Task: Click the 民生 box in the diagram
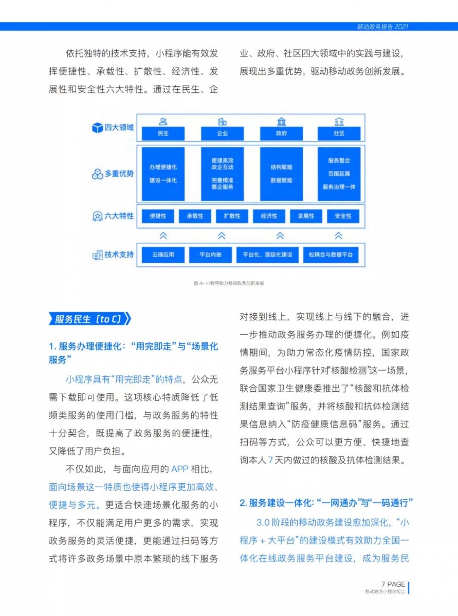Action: coord(163,133)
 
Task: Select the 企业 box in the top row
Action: coord(222,133)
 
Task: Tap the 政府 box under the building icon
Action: coord(281,133)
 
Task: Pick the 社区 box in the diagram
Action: coord(339,133)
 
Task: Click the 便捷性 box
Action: coord(158,216)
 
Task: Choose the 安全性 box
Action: coord(343,216)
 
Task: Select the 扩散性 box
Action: coord(232,216)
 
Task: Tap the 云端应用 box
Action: coord(163,255)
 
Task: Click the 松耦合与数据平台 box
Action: coord(331,255)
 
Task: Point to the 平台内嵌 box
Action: coord(210,255)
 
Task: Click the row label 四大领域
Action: coord(119,127)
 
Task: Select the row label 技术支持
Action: coord(119,255)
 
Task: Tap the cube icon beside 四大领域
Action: coord(97,128)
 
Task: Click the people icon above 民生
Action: coord(163,122)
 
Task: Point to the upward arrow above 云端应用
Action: coord(163,236)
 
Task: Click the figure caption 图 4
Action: coord(229,283)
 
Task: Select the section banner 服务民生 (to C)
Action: coord(89,319)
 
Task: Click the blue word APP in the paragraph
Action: coord(179,469)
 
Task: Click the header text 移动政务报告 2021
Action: coord(382,27)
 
